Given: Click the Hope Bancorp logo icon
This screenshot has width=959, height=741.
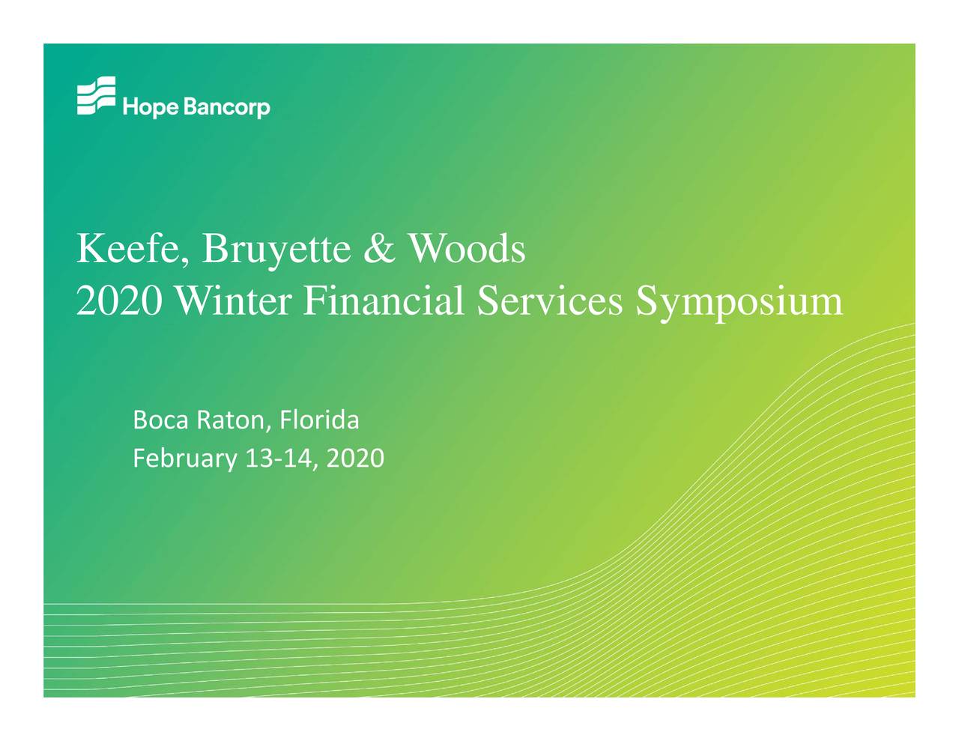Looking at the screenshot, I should coord(96,96).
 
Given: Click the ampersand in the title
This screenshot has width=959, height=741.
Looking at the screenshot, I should coord(378,249).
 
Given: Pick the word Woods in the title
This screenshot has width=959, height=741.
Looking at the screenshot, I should coord(466,249).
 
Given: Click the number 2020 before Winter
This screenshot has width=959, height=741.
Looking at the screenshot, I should coord(118,301).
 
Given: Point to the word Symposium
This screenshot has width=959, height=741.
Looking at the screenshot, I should coord(739,301).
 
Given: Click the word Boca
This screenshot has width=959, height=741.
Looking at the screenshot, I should coord(161,420).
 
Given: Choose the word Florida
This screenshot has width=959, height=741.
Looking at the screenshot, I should coord(319,420).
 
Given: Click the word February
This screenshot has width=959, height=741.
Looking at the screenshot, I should coord(184,458).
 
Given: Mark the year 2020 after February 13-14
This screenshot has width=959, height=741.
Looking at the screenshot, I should coord(355,458).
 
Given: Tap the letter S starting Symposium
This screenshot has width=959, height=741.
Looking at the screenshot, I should coord(647,301).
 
